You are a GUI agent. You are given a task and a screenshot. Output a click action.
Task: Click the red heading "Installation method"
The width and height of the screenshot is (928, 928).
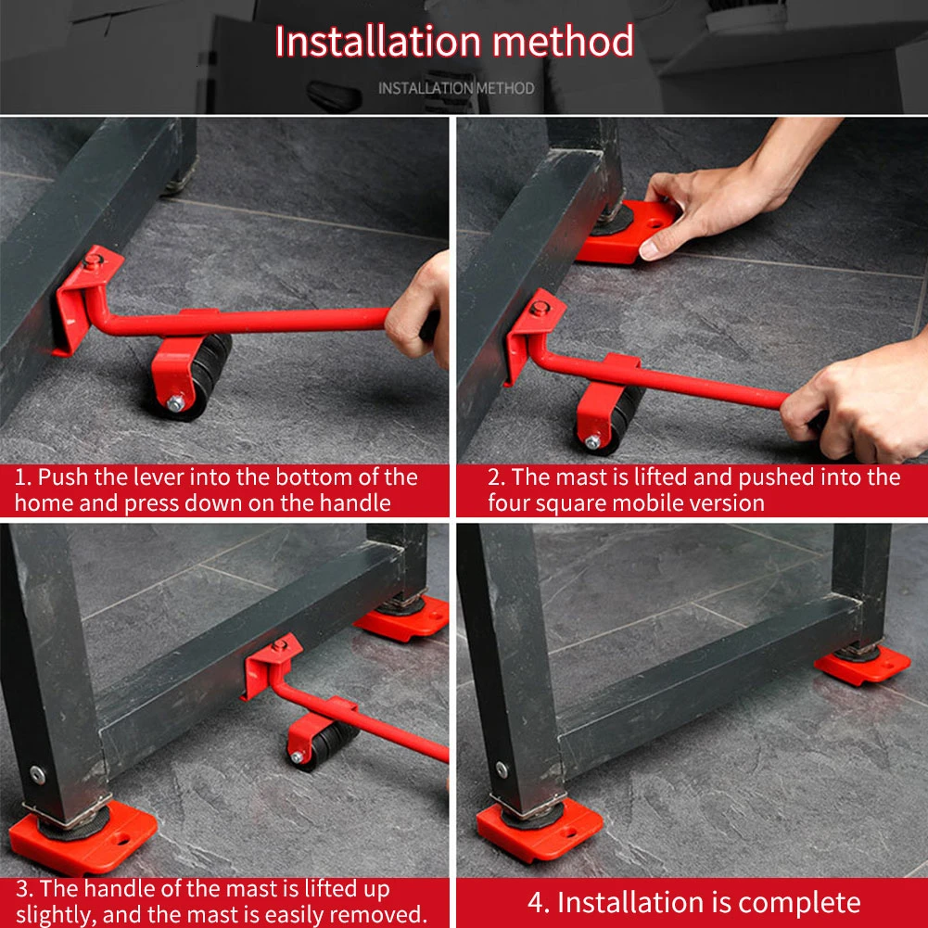[x=454, y=42]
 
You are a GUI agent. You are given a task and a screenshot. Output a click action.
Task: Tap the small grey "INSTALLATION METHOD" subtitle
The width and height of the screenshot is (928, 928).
[x=456, y=88]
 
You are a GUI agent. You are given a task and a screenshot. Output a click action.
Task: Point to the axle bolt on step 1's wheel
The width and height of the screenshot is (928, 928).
[x=175, y=403]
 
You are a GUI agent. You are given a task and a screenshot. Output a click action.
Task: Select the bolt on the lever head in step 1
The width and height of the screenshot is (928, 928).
[x=93, y=261]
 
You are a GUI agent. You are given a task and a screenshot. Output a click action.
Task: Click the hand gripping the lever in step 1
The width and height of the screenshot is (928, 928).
[x=418, y=311]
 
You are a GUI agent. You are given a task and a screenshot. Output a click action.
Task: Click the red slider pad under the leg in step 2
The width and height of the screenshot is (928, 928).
[x=625, y=232]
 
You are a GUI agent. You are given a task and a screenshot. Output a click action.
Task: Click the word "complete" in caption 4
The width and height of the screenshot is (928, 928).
[x=799, y=903]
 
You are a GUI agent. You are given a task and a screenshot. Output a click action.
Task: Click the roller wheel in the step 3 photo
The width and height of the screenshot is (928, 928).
[x=324, y=744]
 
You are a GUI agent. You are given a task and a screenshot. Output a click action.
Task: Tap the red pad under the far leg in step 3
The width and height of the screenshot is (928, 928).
[x=401, y=618]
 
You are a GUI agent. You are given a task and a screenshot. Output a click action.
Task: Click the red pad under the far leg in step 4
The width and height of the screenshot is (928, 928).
[x=862, y=666]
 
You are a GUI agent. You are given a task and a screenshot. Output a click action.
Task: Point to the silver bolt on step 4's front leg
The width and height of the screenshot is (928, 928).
[x=502, y=770]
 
